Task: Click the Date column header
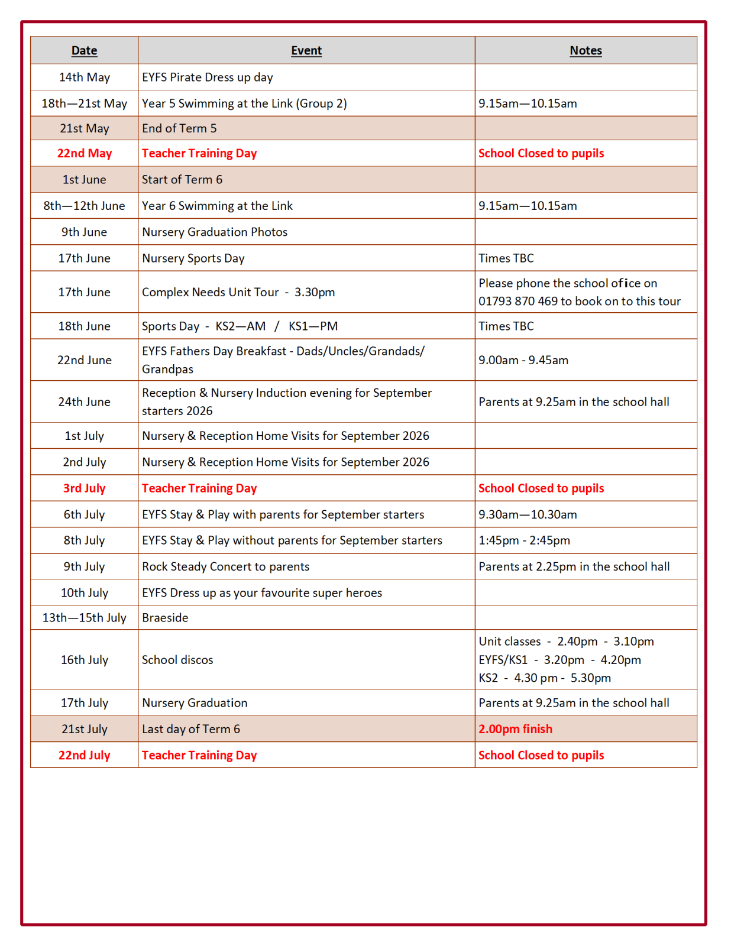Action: tap(84, 51)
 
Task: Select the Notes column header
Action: tap(586, 51)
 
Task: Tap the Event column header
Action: tap(306, 51)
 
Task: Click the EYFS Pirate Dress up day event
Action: tap(207, 77)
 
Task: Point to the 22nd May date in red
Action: tap(85, 153)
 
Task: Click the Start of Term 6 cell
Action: tap(182, 180)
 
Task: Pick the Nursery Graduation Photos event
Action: tap(215, 232)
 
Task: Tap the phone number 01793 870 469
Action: tap(518, 301)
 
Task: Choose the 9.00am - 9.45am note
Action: tap(523, 360)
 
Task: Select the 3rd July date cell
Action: tap(85, 488)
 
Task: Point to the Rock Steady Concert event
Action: tap(225, 566)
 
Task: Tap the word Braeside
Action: tap(165, 618)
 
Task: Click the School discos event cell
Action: tap(177, 660)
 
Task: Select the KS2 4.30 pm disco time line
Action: tap(545, 678)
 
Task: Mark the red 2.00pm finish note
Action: tap(515, 729)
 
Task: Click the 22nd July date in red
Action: tap(85, 755)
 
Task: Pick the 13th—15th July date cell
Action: tap(85, 618)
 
